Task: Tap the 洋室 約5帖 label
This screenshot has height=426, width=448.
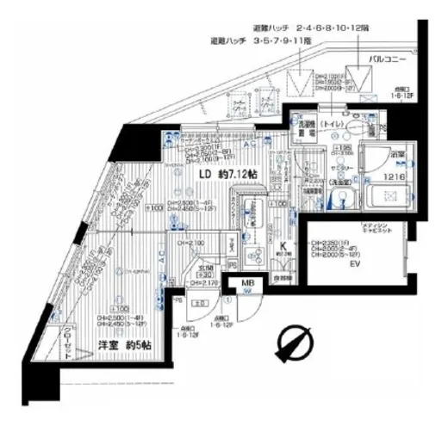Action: (x=113, y=345)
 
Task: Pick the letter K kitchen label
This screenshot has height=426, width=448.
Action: (x=281, y=244)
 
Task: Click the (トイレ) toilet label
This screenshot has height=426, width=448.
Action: (x=331, y=124)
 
